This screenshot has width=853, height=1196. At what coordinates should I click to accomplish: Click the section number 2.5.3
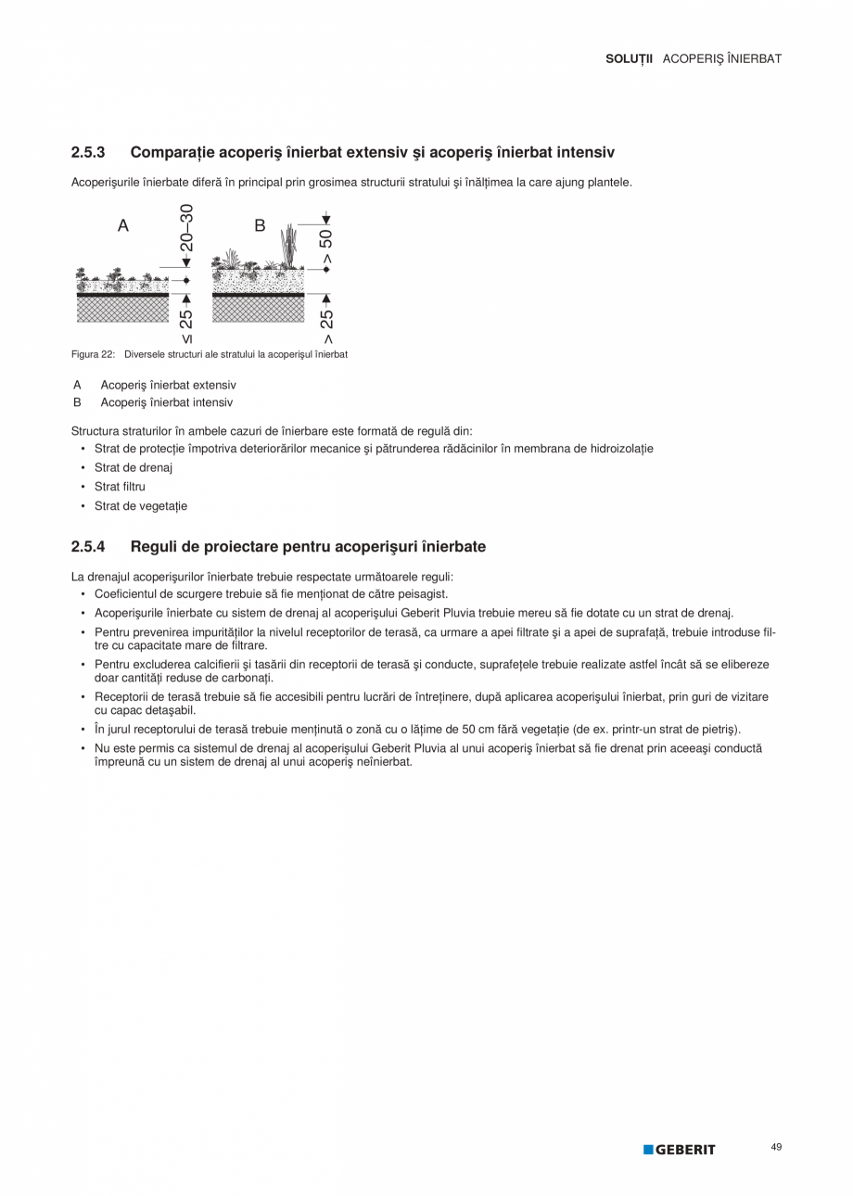click(88, 151)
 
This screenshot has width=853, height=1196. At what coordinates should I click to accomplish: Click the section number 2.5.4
click(88, 547)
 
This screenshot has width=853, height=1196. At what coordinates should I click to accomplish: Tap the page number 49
click(776, 1148)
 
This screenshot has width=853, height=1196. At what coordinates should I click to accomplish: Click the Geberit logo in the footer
click(680, 1150)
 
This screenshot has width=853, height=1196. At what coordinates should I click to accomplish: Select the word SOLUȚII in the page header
click(629, 58)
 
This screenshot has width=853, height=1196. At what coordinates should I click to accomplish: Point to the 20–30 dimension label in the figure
click(186, 227)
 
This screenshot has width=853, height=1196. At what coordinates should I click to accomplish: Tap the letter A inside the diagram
click(122, 225)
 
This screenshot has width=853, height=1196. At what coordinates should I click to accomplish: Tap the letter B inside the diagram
click(260, 225)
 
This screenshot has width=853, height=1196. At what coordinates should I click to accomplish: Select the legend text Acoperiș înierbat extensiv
click(168, 385)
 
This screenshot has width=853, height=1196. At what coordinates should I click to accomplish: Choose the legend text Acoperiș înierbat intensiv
click(167, 402)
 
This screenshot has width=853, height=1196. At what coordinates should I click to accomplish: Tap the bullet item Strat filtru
click(120, 486)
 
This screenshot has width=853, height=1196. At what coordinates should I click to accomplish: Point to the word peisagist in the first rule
click(426, 593)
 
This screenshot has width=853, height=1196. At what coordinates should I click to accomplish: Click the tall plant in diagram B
click(289, 243)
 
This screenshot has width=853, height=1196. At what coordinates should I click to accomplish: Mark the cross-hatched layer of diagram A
click(122, 309)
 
